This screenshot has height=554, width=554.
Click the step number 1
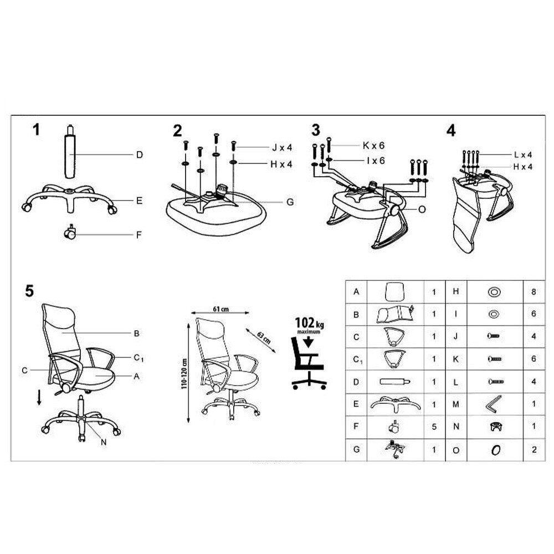click(x=37, y=130)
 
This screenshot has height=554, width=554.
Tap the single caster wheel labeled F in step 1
click(x=70, y=233)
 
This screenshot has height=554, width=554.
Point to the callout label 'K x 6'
click(x=373, y=145)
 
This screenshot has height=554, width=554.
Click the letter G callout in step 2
click(x=289, y=202)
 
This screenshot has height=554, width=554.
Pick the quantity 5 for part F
click(x=434, y=427)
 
